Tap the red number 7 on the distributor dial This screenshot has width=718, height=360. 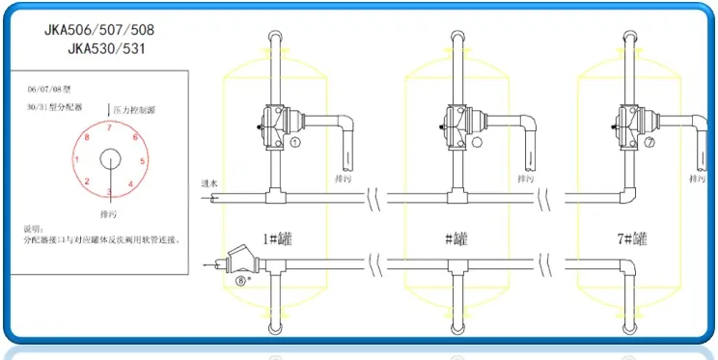110,127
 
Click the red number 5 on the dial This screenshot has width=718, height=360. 144,161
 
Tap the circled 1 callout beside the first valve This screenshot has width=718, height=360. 296,141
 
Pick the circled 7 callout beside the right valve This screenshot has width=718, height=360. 649,141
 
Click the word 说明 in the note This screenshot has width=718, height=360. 32,230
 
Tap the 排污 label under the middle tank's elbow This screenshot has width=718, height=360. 526,180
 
